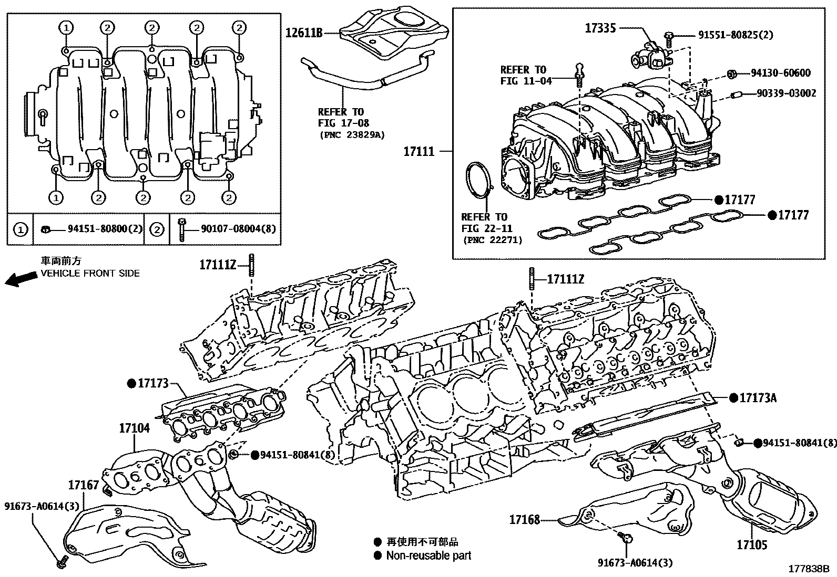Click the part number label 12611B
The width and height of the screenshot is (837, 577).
pyautogui.click(x=303, y=33)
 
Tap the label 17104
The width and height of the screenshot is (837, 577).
pyautogui.click(x=134, y=428)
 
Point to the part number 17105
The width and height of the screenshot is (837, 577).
pyautogui.click(x=752, y=545)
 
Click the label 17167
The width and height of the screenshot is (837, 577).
pyautogui.click(x=83, y=485)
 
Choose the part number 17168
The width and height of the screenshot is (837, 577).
pyautogui.click(x=524, y=520)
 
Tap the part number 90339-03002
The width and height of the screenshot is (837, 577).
pyautogui.click(x=787, y=93)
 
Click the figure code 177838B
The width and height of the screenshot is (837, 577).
pyautogui.click(x=808, y=568)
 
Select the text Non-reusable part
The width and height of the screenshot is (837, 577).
pyautogui.click(x=428, y=555)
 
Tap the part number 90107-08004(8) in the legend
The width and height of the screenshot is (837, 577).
pyautogui.click(x=233, y=229)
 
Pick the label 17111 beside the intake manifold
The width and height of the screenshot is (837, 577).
pyautogui.click(x=419, y=152)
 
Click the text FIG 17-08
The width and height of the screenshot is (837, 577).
pyautogui.click(x=343, y=123)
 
